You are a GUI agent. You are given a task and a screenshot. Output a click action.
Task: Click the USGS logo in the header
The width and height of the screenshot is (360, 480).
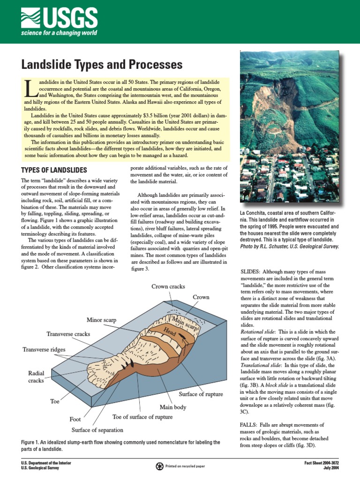point(59,21)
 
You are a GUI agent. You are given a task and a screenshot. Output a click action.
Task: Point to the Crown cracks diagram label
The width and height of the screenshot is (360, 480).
point(168,286)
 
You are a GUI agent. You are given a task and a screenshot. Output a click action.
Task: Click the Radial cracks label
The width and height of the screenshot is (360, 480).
point(36,377)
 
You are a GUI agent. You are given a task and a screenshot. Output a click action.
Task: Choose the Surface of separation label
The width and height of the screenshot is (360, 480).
point(97,430)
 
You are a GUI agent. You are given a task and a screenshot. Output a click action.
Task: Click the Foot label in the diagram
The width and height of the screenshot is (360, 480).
point(75,419)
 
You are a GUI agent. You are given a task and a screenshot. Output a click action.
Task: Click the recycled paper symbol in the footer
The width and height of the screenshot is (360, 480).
point(161,466)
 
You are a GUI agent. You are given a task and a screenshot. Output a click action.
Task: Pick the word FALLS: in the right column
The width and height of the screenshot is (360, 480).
point(250,425)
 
